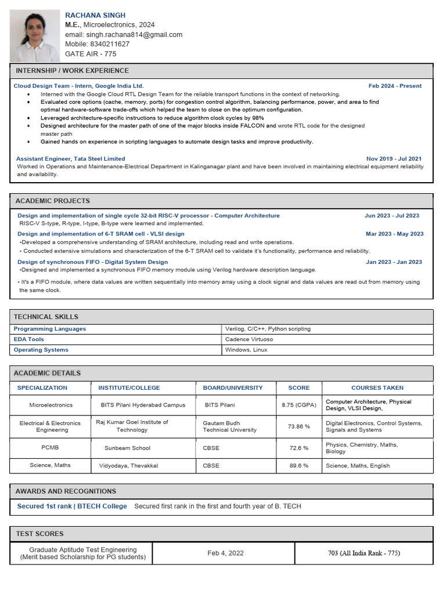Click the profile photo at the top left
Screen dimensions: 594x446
[x=35, y=35]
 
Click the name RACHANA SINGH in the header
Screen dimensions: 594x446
[x=95, y=15]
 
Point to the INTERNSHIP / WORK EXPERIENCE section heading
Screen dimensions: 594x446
[x=72, y=71]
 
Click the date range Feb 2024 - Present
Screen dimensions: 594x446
[x=395, y=86]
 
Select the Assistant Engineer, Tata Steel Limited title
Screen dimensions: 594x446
[x=70, y=158]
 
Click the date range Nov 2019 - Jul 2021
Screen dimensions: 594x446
[x=394, y=158]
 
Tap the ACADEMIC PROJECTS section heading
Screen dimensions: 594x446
[x=52, y=201]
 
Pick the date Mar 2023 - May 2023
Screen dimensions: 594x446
[x=394, y=234]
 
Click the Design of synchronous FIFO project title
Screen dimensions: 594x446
[x=92, y=262]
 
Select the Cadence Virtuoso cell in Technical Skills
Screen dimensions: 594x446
[x=249, y=339]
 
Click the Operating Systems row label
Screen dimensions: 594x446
[x=41, y=350]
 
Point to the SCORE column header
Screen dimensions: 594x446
[x=298, y=387]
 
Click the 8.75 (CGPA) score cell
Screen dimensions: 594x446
[x=298, y=405]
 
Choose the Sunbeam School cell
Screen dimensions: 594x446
[x=127, y=448]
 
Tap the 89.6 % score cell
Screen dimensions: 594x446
[x=298, y=465]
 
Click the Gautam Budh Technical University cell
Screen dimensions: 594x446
[x=229, y=426]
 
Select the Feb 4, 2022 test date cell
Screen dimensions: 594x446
[x=225, y=553]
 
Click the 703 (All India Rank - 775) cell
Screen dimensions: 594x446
[x=364, y=553]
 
